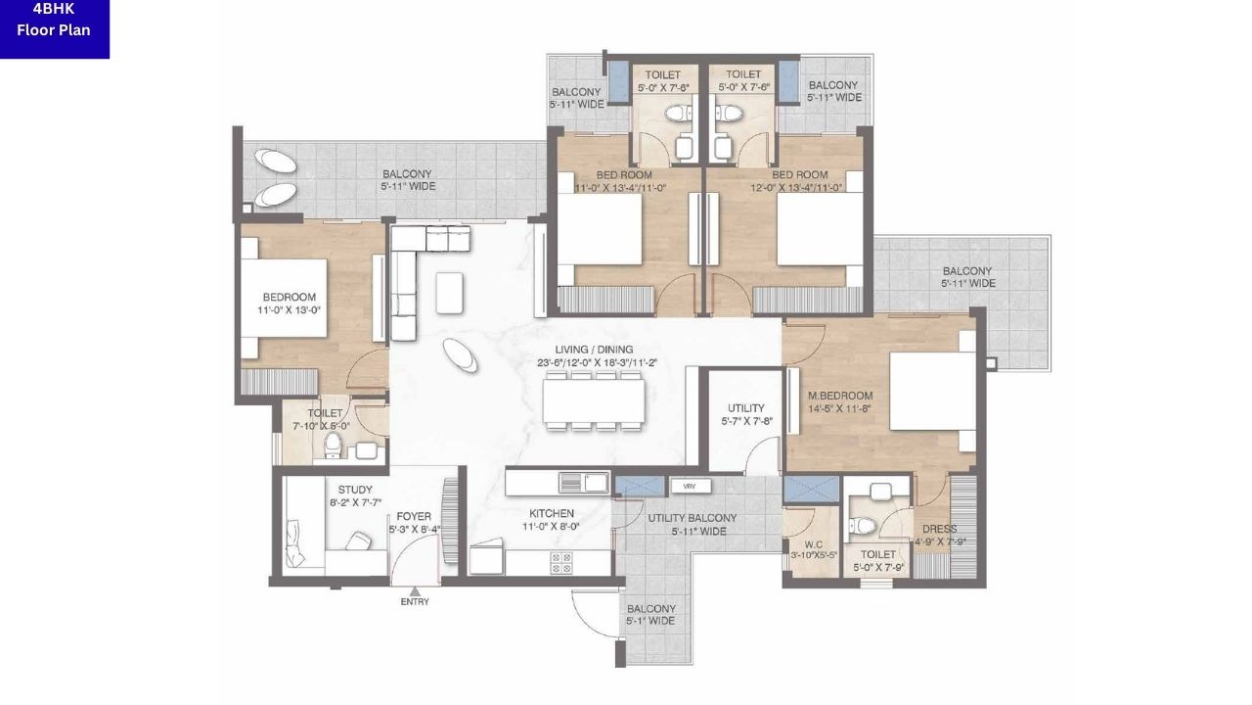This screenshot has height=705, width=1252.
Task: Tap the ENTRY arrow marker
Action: (x=415, y=591)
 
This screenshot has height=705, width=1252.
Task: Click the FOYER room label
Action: (x=407, y=516)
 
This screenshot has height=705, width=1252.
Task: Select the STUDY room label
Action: (x=355, y=490)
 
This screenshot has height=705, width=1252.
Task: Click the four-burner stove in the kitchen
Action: (x=561, y=562)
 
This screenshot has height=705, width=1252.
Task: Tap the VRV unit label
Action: (x=690, y=486)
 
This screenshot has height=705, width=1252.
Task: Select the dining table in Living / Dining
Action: (x=594, y=399)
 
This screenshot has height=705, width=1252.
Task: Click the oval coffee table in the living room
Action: (x=461, y=354)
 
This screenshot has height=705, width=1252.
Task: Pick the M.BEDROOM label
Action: (x=840, y=396)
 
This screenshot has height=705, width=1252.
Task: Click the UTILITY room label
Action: (x=745, y=408)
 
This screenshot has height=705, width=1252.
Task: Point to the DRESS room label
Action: (x=939, y=530)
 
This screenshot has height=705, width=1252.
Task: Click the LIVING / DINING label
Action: (x=594, y=350)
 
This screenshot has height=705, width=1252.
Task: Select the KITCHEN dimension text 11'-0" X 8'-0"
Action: (x=552, y=527)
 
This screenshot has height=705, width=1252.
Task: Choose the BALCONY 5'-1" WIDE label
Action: (x=650, y=614)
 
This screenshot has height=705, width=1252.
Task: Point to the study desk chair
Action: (x=359, y=540)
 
